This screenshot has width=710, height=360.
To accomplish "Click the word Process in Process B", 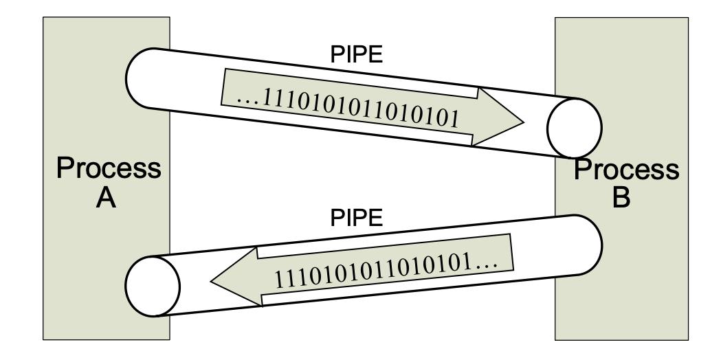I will tap(626, 169).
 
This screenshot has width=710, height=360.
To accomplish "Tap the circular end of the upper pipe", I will tap(574, 126).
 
